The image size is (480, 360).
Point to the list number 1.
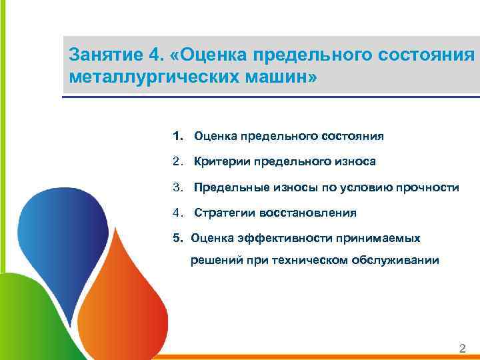177,136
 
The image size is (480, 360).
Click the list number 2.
177,161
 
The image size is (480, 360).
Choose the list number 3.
177,187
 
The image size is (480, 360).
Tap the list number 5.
177,237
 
